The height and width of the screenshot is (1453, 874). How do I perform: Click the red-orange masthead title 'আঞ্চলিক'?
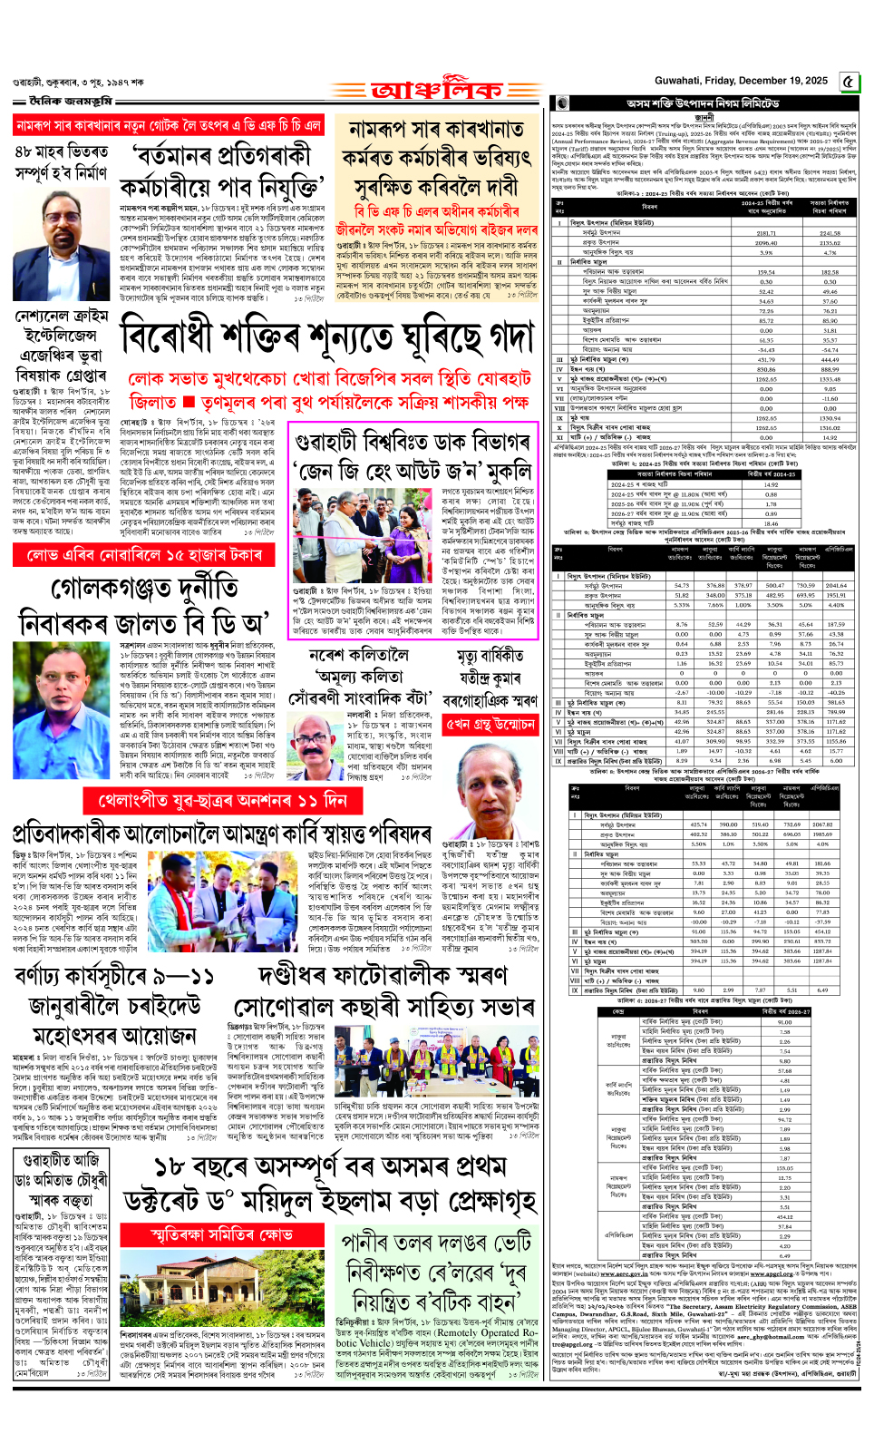(436, 91)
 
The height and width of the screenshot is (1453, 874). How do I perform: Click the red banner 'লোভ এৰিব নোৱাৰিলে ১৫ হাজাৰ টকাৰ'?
(139, 554)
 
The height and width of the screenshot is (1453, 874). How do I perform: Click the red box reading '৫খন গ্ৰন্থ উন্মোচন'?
(490, 725)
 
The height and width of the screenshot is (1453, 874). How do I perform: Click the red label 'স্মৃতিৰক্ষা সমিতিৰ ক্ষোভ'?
(221, 1234)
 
